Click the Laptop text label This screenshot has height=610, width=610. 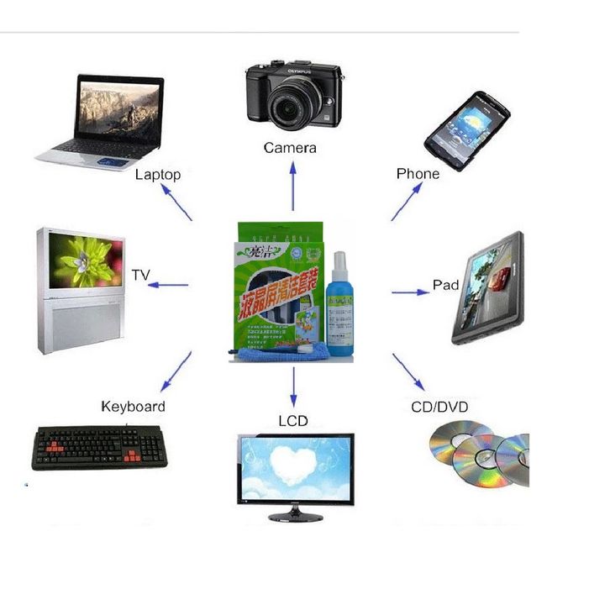[x=158, y=175]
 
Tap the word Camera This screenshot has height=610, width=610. [x=290, y=148]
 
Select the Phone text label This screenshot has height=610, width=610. [x=418, y=174]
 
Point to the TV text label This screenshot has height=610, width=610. [x=140, y=275]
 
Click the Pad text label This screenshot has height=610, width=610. [x=445, y=285]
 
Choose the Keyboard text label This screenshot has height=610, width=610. [x=133, y=407]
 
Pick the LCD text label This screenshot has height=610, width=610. [x=293, y=420]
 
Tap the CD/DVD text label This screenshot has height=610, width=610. [x=439, y=408]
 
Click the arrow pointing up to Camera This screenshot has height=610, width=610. [x=293, y=186]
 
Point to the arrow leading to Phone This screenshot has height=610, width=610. [x=408, y=202]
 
